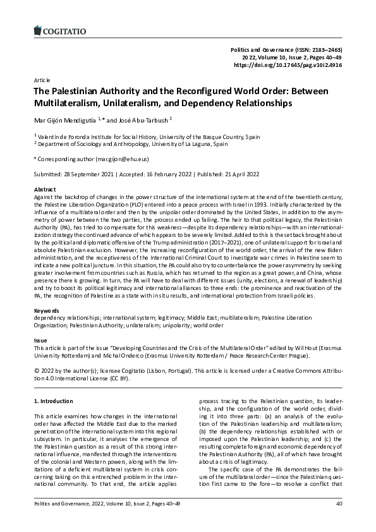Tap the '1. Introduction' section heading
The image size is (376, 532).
(56, 401)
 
